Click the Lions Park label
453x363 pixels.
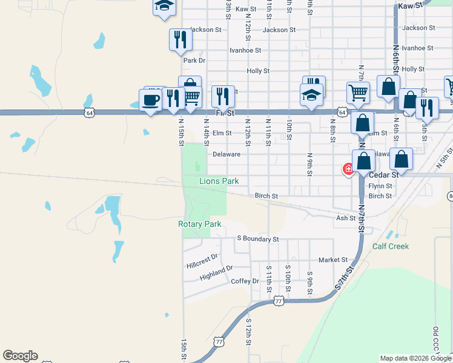[x=219, y=181]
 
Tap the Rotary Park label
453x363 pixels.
[x=199, y=224]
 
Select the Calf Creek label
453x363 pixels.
[x=390, y=246]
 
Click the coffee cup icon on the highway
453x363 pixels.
[x=150, y=100]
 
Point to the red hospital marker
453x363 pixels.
[x=348, y=169]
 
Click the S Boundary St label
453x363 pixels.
[x=257, y=239]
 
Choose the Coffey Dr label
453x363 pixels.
[x=245, y=281]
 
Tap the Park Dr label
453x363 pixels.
[x=194, y=60]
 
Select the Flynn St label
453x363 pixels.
[x=380, y=186]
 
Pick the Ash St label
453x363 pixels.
[x=346, y=218]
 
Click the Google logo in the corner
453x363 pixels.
[x=20, y=356]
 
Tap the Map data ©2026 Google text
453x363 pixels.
[x=415, y=358]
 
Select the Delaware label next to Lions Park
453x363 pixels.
[x=226, y=154]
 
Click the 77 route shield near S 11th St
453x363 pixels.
[x=278, y=301]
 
